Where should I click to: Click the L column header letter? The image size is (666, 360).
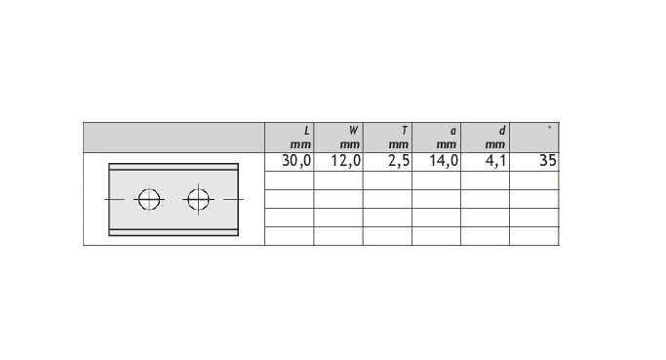coord(306,131)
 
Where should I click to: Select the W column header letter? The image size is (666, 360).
coord(353,131)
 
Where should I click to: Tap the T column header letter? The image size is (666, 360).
coord(405,131)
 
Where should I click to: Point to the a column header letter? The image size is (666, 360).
coord(453,132)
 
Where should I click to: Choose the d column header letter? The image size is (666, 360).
coord(502,131)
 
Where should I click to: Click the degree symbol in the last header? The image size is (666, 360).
coord(550,127)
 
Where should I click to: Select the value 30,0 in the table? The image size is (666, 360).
coord(296,161)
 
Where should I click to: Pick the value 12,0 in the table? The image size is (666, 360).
coord(346,161)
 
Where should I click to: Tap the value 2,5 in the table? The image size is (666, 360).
coord(399,161)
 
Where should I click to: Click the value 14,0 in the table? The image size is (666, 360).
coord(444,161)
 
